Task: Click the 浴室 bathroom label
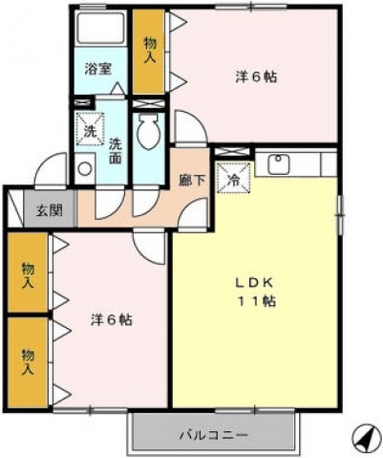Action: pyautogui.click(x=98, y=69)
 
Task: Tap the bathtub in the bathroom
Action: pyautogui.click(x=100, y=28)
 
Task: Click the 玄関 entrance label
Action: pyautogui.click(x=49, y=210)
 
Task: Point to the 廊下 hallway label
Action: pyautogui.click(x=191, y=181)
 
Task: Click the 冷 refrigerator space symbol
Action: pyautogui.click(x=234, y=177)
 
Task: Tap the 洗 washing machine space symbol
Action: pyautogui.click(x=90, y=129)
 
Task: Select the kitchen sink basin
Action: pyautogui.click(x=279, y=164)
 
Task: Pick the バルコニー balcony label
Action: pyautogui.click(x=213, y=435)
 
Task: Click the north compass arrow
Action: pyautogui.click(x=367, y=440)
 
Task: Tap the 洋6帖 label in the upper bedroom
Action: pyautogui.click(x=256, y=77)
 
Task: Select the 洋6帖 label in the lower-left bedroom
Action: pyautogui.click(x=112, y=319)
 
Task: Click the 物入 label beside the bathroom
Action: pyautogui.click(x=150, y=51)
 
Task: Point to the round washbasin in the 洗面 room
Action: pyautogui.click(x=85, y=168)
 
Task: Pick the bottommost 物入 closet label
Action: pyautogui.click(x=28, y=361)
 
